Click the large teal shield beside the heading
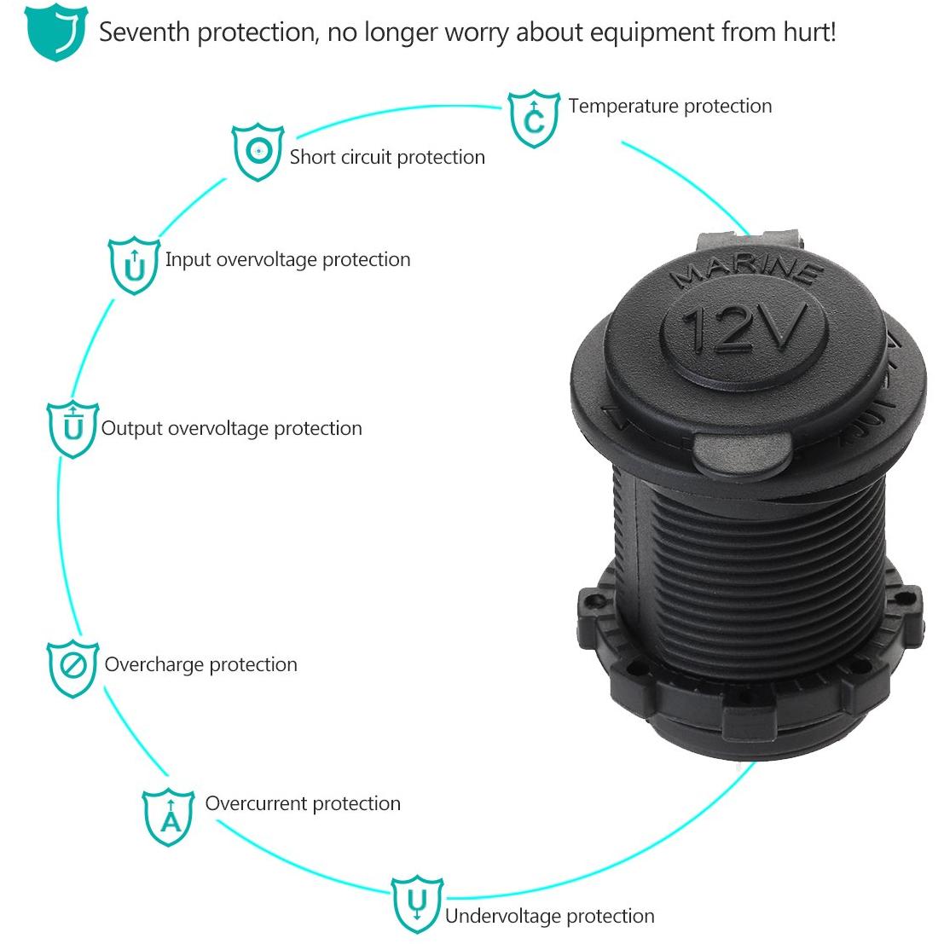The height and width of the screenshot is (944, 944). point(56,32)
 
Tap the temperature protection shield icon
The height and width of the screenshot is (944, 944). point(534,119)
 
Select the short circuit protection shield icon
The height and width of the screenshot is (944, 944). point(258,152)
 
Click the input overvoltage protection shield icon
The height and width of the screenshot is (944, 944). point(134,265)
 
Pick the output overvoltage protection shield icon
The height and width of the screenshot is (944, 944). point(72,429)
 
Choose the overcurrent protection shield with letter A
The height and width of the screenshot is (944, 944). point(169,817)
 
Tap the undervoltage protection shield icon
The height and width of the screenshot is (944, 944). point(417,904)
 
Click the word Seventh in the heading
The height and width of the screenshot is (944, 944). point(144,32)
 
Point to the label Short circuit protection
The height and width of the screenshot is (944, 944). point(387,157)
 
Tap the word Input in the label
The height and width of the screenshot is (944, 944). point(188,260)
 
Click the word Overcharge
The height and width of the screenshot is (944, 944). point(154,664)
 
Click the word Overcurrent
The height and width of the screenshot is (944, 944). point(256,804)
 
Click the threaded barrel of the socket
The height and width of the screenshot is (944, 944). point(750,572)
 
